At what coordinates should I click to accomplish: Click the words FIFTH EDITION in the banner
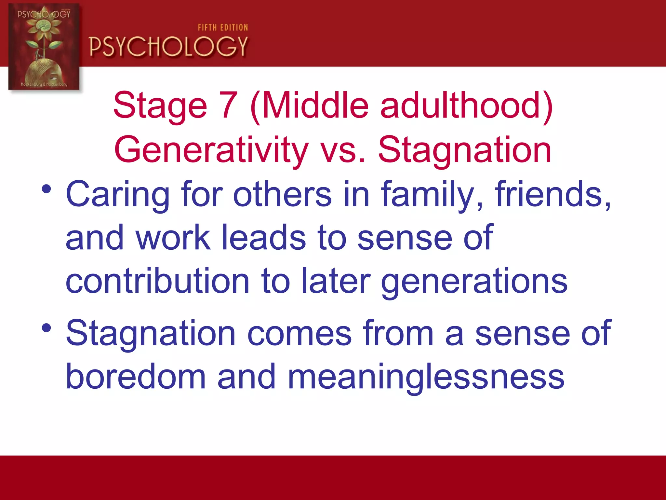[x=223, y=28]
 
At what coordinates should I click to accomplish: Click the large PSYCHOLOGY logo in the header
[x=168, y=47]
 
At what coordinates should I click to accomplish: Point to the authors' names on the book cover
[x=44, y=84]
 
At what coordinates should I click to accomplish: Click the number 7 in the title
[x=229, y=105]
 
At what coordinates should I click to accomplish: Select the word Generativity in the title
[x=211, y=150]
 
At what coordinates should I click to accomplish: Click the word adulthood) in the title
[x=467, y=105]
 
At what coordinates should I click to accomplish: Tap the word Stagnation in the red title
[x=464, y=150]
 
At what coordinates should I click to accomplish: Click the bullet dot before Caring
[x=47, y=189]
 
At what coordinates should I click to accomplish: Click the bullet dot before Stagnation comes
[x=47, y=328]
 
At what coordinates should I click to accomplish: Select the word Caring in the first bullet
[x=117, y=195]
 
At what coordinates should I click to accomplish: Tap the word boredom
[x=136, y=377]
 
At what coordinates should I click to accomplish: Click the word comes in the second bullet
[x=299, y=333]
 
